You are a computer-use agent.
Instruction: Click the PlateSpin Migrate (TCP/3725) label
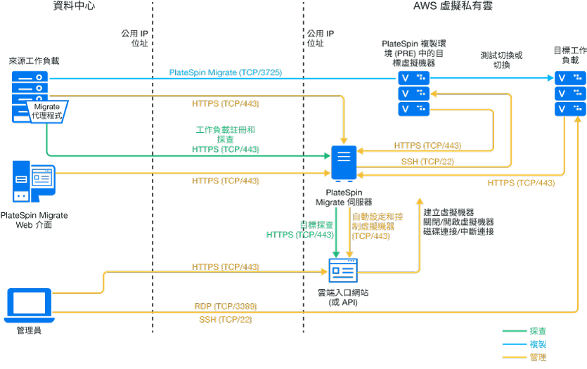(225, 72)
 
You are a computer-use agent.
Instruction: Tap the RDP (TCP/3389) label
(225, 306)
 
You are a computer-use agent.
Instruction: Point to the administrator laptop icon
(29, 305)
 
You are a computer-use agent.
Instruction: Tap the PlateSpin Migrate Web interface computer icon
(34, 181)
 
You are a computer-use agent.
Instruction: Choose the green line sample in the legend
(515, 330)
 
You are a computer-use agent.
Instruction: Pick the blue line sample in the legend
(515, 344)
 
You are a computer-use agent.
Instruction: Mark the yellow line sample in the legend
(515, 357)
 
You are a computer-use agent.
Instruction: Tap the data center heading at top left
(73, 6)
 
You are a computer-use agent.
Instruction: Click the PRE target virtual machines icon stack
(413, 93)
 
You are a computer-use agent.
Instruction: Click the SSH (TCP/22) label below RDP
(225, 320)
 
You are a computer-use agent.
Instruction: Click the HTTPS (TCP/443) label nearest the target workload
(521, 183)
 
